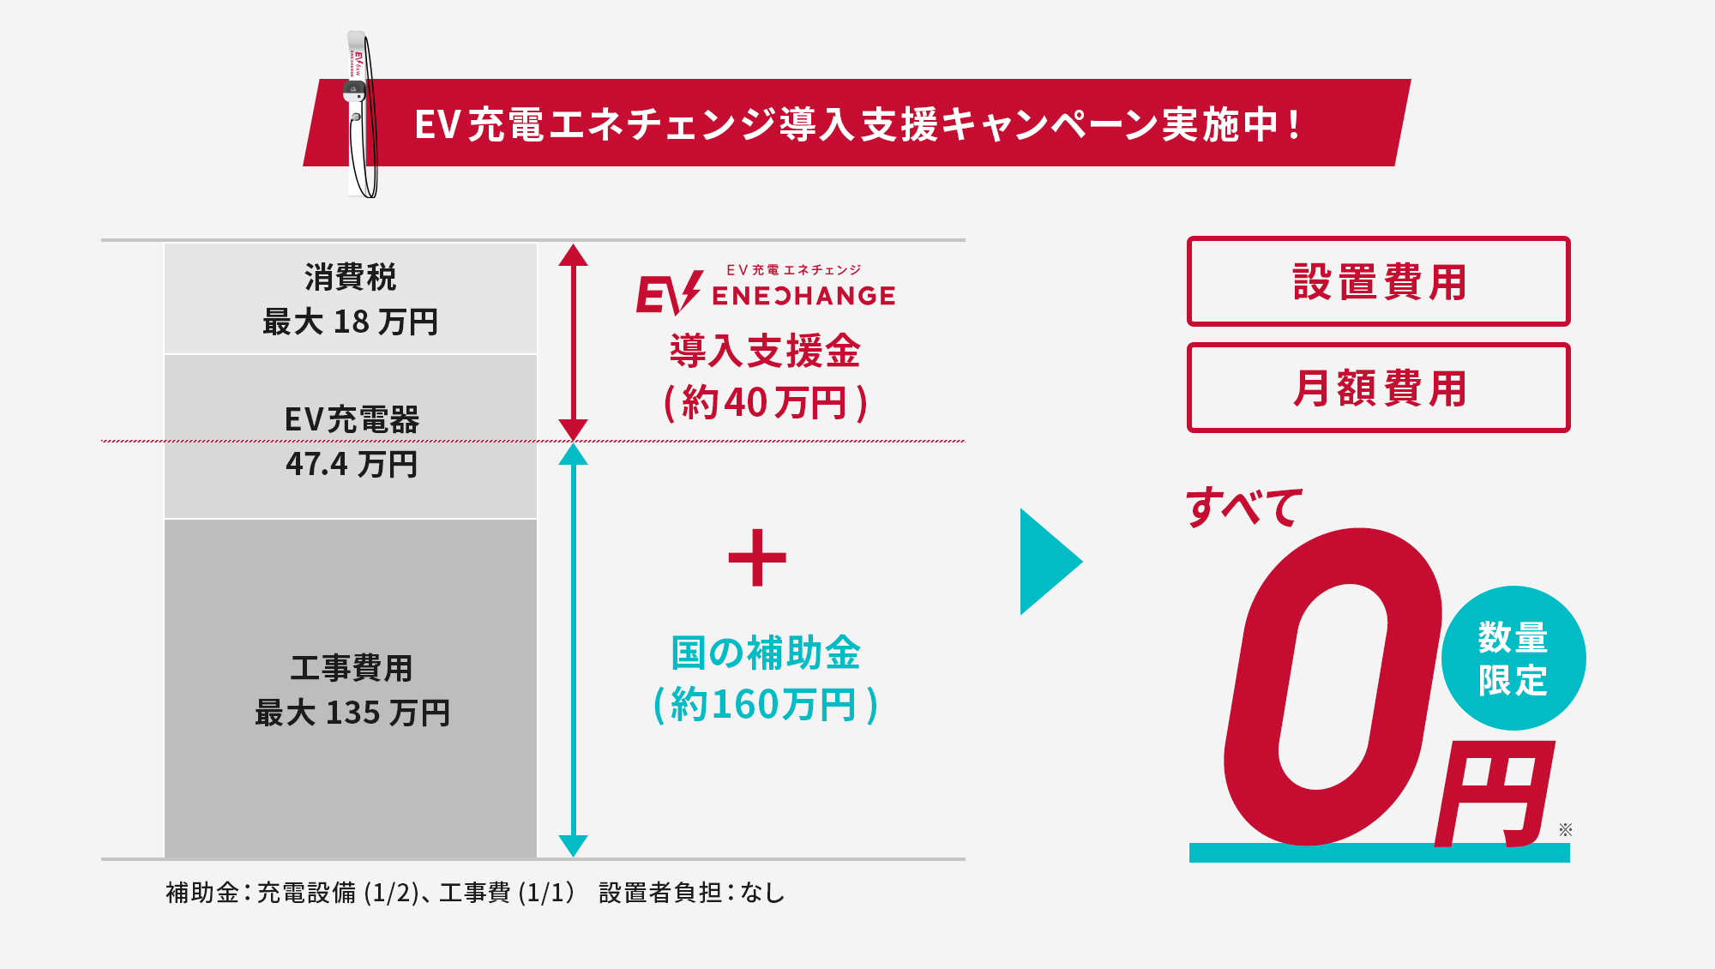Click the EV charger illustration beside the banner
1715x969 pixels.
[361, 116]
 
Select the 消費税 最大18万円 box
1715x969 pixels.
[351, 299]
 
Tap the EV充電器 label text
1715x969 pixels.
[352, 419]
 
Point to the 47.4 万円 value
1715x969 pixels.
[352, 464]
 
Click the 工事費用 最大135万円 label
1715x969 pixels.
[352, 689]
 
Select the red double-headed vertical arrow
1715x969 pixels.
[573, 341]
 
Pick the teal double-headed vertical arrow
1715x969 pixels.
[573, 649]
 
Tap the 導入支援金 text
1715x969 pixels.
[765, 351]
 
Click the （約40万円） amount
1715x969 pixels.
[766, 402]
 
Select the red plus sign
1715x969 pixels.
[757, 557]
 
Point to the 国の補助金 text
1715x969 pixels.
[765, 653]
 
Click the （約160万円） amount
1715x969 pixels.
[765, 705]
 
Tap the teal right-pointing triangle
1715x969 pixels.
[1048, 562]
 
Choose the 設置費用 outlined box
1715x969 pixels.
[1378, 281]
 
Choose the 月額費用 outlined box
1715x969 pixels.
[1378, 388]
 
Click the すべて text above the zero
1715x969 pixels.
[1243, 506]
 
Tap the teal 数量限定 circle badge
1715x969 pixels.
[1513, 658]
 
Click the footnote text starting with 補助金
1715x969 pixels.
[475, 893]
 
